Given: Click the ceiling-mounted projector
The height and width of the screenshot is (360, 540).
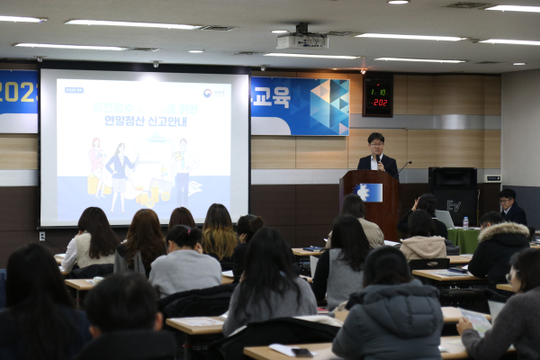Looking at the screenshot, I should click(301, 40).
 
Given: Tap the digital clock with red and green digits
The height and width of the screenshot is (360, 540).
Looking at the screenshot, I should click(377, 95).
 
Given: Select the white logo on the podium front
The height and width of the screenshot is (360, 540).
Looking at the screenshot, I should click(364, 192).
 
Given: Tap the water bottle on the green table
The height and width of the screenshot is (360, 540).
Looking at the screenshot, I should click(465, 221).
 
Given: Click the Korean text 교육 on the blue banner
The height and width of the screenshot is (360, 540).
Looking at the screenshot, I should click(271, 96).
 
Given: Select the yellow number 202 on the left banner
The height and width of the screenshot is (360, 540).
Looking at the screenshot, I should click(17, 92).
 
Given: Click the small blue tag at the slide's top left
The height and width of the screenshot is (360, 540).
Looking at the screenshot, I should click(74, 90).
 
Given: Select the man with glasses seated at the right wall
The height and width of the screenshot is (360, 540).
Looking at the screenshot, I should click(510, 207).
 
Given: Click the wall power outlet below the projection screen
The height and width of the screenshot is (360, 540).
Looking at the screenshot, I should click(42, 237).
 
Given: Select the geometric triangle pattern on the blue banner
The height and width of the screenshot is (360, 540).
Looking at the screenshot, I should click(328, 105).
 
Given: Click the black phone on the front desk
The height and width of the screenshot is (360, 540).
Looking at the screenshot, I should click(301, 352).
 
